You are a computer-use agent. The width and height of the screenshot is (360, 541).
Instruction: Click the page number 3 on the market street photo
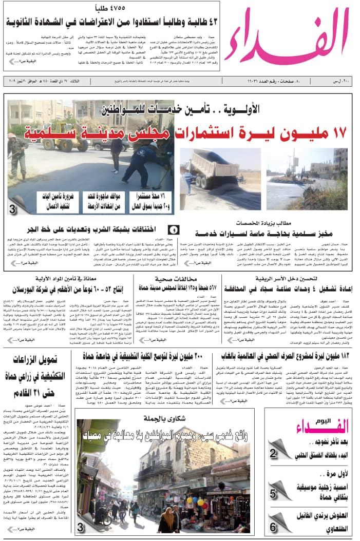(81, 527)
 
